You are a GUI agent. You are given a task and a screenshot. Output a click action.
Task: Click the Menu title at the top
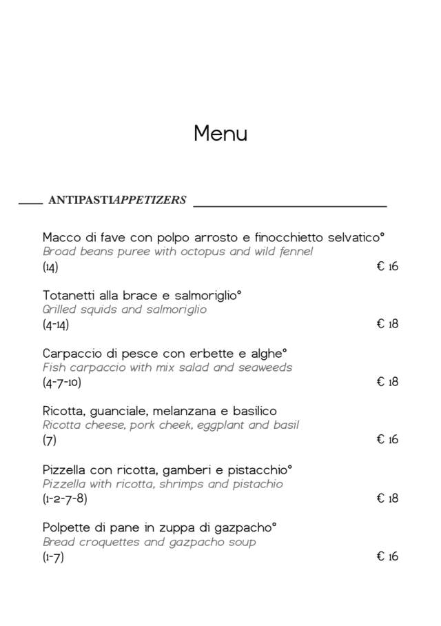click(220, 133)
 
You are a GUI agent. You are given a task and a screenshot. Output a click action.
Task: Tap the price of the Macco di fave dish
click(387, 267)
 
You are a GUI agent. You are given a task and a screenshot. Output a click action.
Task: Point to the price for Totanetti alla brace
click(387, 324)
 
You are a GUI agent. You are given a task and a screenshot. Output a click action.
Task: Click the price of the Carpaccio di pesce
click(387, 382)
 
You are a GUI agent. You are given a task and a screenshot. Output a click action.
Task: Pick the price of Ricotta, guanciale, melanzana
click(387, 440)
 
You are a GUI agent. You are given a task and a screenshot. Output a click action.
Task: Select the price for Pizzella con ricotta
click(387, 498)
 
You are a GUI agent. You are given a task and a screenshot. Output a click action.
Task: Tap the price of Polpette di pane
click(387, 556)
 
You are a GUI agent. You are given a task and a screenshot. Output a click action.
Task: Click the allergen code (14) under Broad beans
click(50, 267)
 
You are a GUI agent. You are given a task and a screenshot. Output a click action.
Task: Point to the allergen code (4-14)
click(56, 325)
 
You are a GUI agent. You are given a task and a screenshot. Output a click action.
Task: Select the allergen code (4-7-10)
click(62, 383)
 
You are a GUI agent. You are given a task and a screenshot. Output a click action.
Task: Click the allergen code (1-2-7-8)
click(65, 498)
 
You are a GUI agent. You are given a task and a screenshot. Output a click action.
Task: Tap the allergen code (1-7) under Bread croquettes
click(53, 557)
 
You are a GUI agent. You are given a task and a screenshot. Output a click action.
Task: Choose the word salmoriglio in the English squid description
click(175, 310)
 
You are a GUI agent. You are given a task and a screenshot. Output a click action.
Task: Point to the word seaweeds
click(265, 367)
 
